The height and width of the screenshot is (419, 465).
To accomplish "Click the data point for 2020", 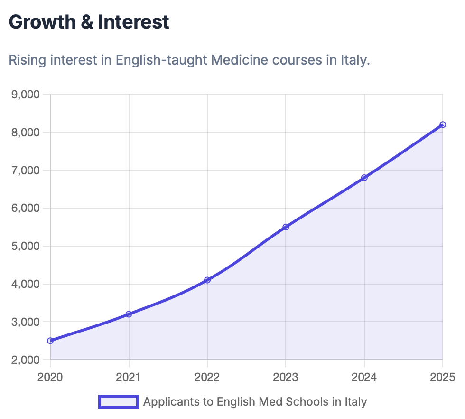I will point(50,341).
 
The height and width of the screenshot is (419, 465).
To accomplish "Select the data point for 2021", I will point(129,314).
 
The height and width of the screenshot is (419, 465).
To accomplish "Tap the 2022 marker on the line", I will point(207,280).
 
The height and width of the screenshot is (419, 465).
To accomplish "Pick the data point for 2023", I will point(286,227).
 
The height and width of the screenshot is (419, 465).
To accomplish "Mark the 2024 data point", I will point(364,178).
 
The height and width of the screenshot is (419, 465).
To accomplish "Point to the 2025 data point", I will point(443,124).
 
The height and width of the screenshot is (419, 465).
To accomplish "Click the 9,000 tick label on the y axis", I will point(25,94).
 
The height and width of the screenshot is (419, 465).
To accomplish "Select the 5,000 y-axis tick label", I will point(25,246).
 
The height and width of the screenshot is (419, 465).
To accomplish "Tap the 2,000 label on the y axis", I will point(25,360).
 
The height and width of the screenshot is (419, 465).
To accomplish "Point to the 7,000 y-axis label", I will point(25,170).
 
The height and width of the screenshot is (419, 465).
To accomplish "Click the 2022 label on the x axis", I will point(207,378).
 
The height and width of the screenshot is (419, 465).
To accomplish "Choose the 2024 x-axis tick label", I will point(364,378).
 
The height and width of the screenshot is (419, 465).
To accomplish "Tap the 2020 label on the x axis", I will point(50,378).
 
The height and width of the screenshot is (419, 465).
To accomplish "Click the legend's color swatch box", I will point(118,402).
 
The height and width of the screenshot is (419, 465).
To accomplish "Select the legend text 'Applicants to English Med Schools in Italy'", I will point(255,402).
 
